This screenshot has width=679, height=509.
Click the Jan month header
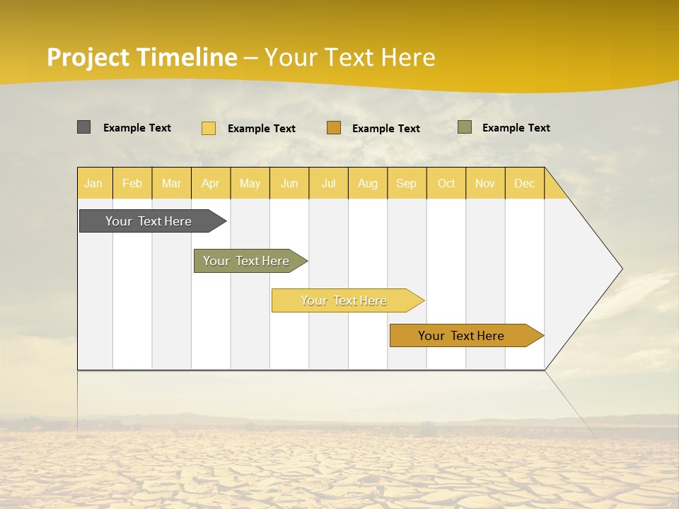[x=94, y=183]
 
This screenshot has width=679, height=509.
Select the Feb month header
[x=132, y=183]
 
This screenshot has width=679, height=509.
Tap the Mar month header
[x=171, y=183]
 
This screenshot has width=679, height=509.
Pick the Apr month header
[x=211, y=183]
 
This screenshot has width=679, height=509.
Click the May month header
[x=250, y=183]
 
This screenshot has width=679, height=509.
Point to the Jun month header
[x=289, y=183]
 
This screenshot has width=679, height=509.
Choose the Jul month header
[x=328, y=183]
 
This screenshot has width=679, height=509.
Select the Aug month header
[x=368, y=183]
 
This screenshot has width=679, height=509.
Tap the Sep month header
[x=407, y=183]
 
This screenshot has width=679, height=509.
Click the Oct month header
[x=446, y=183]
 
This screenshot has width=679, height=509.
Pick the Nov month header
[x=485, y=183]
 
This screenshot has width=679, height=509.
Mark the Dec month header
[x=525, y=183]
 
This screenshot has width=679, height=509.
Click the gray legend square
[x=83, y=127]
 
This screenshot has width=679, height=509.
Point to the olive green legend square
[x=465, y=127]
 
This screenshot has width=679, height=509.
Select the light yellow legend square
[x=209, y=128]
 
